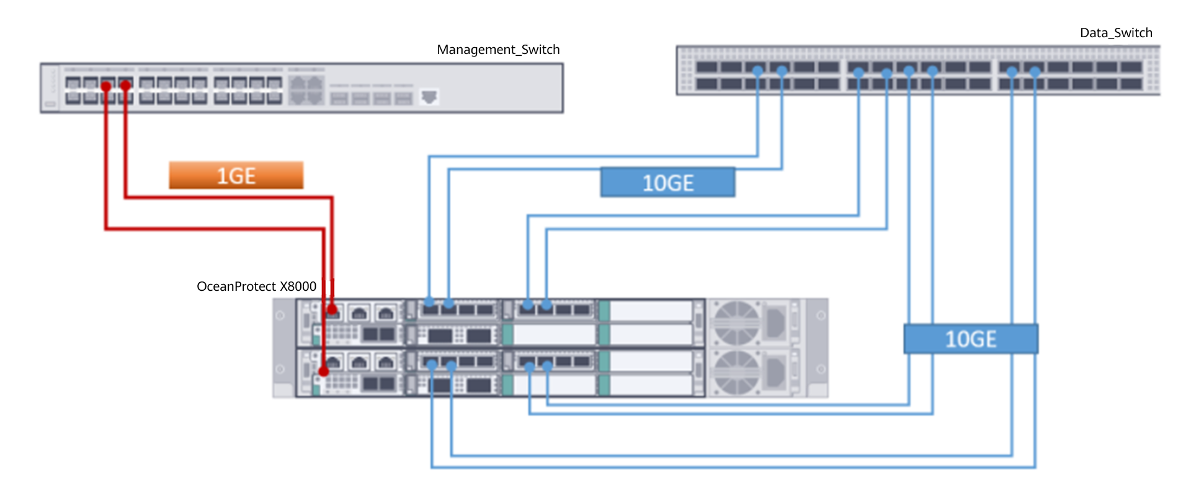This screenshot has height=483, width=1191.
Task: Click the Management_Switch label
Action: click(x=498, y=50)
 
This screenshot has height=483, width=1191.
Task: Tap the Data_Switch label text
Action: click(x=1116, y=33)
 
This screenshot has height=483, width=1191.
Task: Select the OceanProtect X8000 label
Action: click(x=256, y=286)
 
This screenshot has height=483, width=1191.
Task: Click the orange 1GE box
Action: click(x=236, y=175)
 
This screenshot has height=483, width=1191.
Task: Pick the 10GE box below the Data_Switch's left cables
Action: click(x=667, y=183)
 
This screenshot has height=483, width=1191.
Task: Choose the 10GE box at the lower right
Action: click(x=970, y=339)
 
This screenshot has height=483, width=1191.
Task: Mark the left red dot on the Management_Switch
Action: click(x=106, y=86)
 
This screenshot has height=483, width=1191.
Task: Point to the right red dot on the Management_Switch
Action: click(x=125, y=85)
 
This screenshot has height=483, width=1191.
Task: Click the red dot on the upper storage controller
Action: click(x=332, y=309)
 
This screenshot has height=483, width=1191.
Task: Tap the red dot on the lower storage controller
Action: click(x=324, y=371)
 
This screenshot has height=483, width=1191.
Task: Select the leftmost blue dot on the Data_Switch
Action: click(x=757, y=71)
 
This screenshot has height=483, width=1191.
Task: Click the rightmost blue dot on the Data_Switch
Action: click(x=1035, y=72)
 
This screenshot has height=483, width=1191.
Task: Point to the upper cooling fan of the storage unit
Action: click(x=736, y=322)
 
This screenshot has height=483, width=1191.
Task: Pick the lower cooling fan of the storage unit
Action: click(x=736, y=372)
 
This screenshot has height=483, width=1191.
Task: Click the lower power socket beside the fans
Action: click(x=775, y=372)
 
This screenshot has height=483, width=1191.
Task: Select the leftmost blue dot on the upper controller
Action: click(x=429, y=302)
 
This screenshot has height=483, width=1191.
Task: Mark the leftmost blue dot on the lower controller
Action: click(x=432, y=365)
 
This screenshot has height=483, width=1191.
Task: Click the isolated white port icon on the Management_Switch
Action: click(x=429, y=97)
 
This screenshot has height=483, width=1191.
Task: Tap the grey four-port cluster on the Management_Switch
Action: click(x=306, y=91)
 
